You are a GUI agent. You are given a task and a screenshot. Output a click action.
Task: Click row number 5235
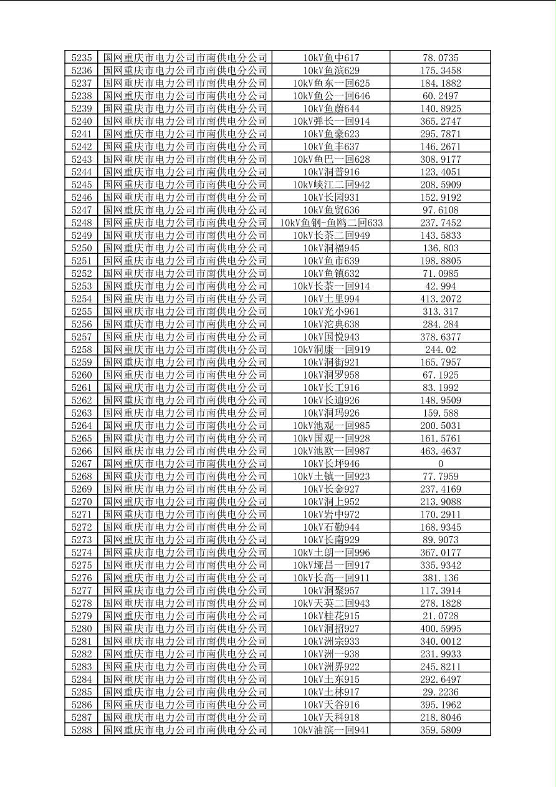[82, 58]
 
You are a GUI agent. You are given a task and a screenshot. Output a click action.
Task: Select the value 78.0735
[440, 58]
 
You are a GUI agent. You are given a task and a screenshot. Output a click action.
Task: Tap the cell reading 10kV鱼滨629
[331, 70]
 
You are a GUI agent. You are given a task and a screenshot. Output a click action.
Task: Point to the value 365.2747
[440, 122]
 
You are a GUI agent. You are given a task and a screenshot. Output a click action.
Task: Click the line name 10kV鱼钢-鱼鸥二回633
[331, 223]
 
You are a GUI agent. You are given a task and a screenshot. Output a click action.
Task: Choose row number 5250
[82, 248]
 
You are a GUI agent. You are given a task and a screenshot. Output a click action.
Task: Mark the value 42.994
[440, 286]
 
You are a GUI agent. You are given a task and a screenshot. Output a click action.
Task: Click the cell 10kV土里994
[331, 299]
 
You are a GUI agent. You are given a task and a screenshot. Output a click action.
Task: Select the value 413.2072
[440, 299]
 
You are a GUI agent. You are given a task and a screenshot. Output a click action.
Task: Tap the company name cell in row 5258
[185, 350]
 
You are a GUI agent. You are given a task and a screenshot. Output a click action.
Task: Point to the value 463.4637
[440, 451]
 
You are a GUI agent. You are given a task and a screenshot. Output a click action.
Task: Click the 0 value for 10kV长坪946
[440, 464]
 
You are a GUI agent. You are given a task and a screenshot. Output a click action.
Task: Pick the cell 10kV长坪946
[331, 464]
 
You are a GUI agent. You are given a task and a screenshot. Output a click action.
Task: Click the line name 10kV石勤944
[331, 527]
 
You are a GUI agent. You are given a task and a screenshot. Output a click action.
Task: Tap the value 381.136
[440, 578]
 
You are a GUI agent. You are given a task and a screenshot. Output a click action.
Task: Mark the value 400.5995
[440, 629]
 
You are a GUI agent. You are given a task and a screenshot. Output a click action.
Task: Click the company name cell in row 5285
[185, 692]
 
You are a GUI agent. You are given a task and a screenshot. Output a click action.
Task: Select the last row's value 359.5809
[440, 730]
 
